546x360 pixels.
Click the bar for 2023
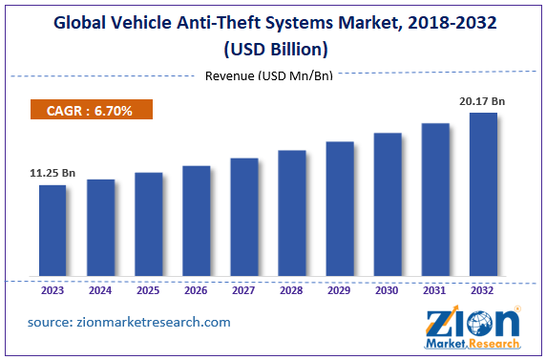point(52,230)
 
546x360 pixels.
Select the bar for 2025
point(148,224)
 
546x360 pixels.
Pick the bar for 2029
point(339,209)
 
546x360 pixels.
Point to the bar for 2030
point(387,204)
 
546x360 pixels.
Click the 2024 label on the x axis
point(100,290)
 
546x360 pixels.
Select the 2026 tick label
point(196,290)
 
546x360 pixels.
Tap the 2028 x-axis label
point(291,290)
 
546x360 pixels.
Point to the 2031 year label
point(434,290)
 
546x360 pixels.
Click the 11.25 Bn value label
point(52,174)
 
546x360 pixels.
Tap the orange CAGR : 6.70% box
point(92,112)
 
